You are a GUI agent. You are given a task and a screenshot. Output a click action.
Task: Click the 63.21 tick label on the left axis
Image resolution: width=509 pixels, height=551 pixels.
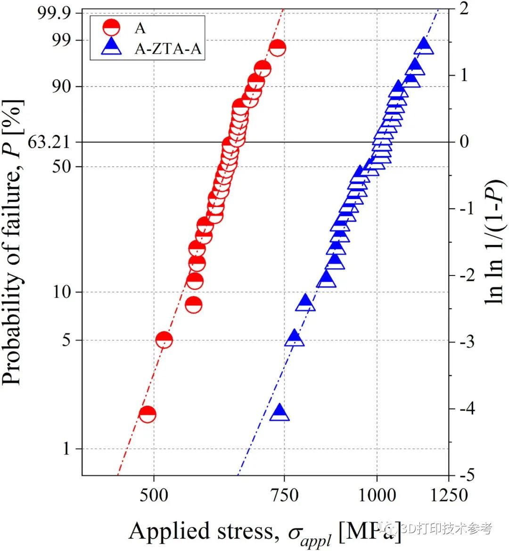49,142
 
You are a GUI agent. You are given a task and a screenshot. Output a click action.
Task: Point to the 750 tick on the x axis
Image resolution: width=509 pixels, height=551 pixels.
284,495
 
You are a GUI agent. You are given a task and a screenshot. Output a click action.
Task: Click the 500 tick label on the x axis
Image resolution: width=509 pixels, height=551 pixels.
154,495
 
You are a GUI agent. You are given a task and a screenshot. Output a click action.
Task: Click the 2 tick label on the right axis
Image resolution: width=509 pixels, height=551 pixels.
464,8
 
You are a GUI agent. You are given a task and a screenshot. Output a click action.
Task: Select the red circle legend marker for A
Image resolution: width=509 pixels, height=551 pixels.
111,28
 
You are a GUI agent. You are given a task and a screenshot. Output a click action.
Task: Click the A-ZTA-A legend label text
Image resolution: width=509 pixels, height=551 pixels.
168,49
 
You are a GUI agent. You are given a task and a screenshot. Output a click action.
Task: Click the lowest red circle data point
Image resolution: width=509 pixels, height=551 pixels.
148,414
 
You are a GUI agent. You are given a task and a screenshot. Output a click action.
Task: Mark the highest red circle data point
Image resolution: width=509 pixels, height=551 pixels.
277,47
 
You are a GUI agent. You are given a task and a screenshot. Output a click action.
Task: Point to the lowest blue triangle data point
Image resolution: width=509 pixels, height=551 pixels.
279,412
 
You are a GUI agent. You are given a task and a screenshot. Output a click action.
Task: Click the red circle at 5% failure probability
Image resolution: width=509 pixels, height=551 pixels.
164,339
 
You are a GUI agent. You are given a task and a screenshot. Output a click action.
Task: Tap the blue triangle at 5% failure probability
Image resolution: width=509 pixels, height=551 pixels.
295,338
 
